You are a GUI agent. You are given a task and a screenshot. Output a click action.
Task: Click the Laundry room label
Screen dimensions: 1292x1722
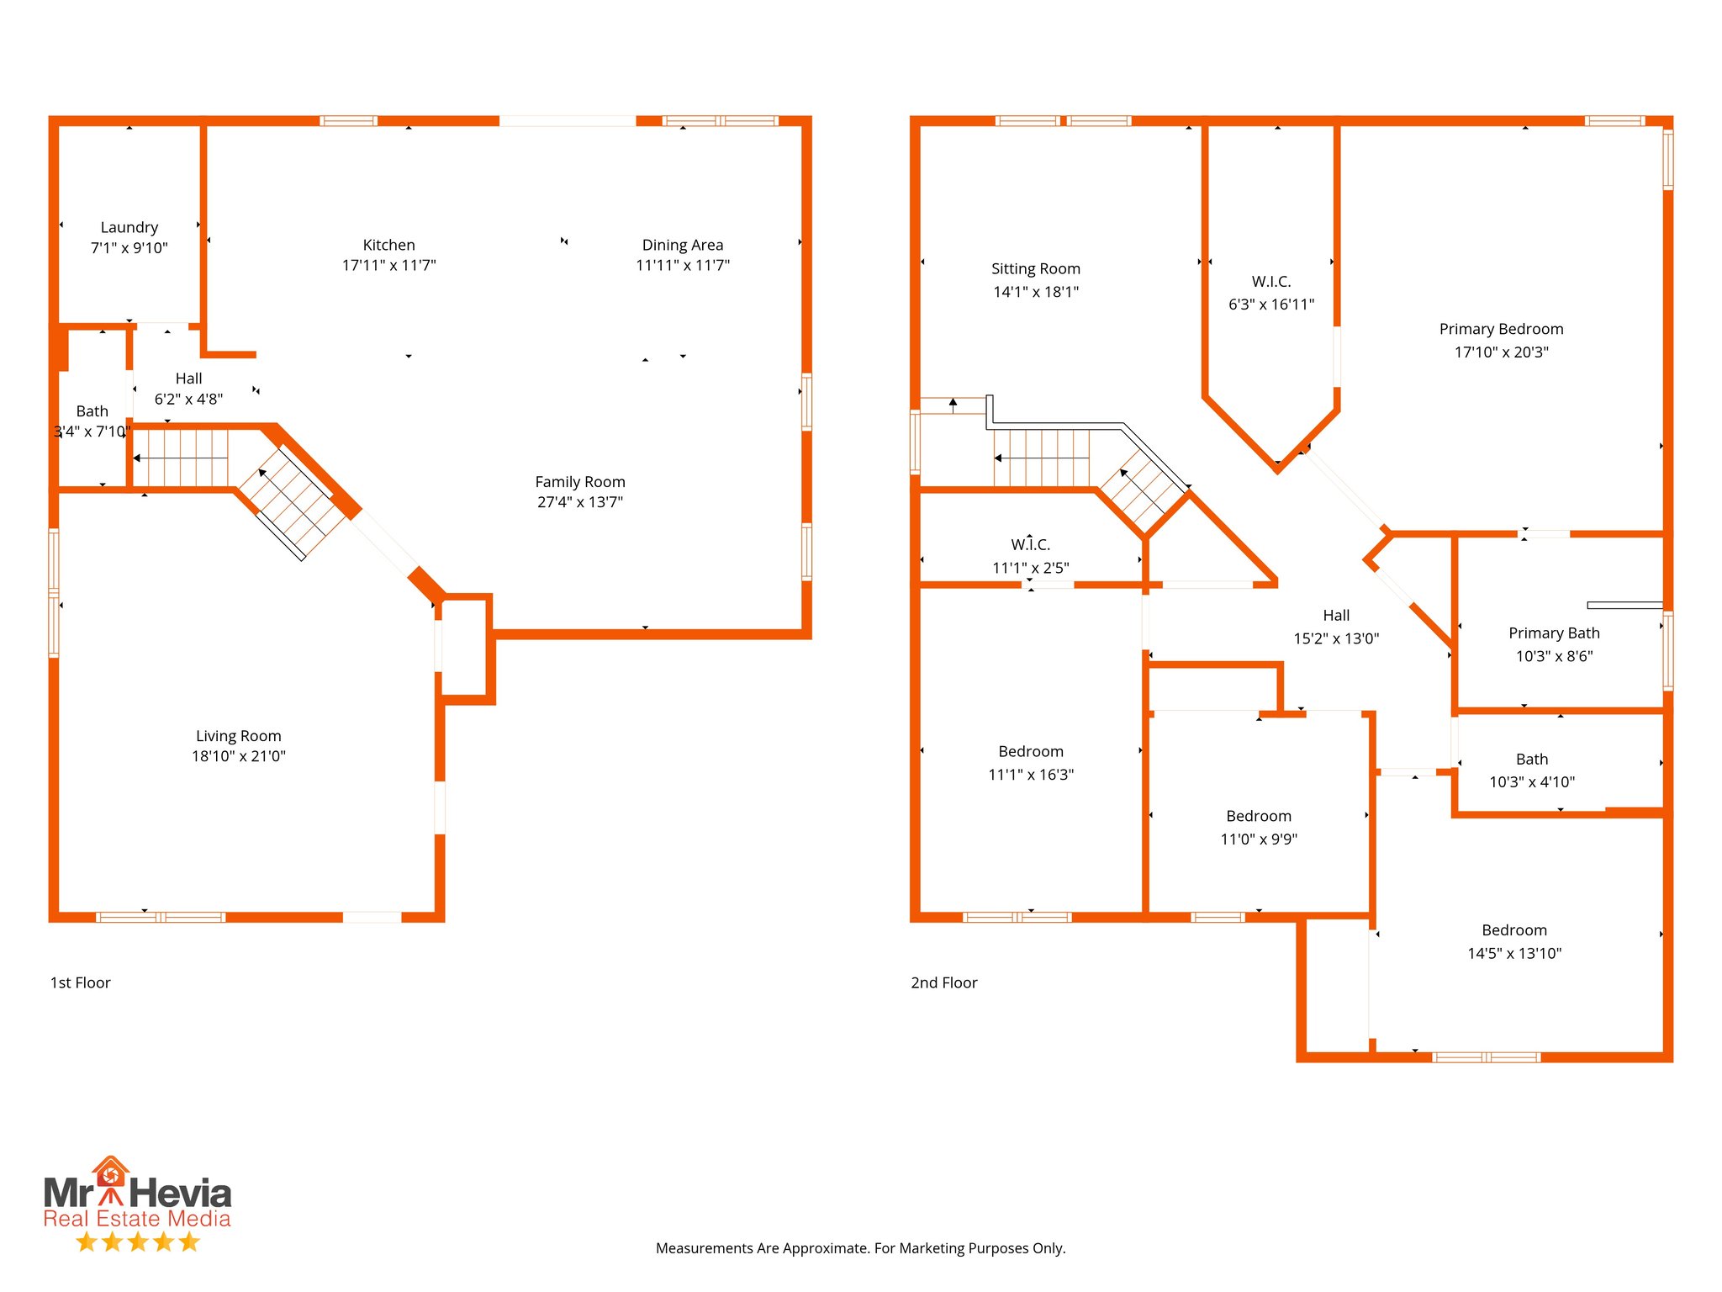tap(129, 227)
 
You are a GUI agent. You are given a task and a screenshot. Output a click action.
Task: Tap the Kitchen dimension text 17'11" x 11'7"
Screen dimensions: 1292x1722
tap(388, 266)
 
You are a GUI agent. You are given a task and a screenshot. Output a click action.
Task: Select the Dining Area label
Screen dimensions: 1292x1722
tap(682, 245)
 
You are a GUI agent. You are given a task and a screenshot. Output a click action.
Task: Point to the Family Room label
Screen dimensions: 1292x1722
tap(579, 482)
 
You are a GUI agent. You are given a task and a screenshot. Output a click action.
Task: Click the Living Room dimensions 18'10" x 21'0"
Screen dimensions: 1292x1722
tap(238, 756)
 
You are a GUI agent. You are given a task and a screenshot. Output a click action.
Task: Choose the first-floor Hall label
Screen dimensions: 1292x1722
tap(188, 379)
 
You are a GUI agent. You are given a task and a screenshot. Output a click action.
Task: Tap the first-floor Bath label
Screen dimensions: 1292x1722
tap(92, 411)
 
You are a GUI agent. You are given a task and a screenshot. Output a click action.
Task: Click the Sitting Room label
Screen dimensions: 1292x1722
tap(1035, 269)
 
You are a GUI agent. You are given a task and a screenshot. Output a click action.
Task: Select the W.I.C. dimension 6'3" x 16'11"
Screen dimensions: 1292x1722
tap(1270, 304)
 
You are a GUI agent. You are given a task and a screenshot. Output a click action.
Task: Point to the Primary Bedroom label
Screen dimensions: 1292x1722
tap(1501, 329)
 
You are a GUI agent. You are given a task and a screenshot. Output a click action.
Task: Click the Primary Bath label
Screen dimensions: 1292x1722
tap(1553, 633)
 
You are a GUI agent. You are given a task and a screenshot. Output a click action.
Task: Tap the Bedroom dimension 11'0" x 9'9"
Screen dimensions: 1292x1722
tap(1258, 839)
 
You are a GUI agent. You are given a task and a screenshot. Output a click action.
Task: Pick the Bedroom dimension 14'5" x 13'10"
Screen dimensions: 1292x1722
tap(1513, 953)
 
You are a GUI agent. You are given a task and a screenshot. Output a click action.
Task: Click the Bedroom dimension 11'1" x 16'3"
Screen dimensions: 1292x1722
tap(1030, 775)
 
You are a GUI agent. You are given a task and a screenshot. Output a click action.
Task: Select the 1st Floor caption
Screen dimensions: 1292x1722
tap(81, 982)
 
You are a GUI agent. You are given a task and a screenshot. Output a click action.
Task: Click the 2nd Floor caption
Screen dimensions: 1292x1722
tap(943, 982)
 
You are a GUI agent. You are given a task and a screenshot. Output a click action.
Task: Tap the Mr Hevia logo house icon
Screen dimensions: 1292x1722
tap(110, 1173)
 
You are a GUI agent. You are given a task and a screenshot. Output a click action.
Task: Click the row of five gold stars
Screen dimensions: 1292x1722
tap(137, 1242)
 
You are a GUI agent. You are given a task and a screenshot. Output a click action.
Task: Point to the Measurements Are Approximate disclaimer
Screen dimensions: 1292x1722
tap(860, 1248)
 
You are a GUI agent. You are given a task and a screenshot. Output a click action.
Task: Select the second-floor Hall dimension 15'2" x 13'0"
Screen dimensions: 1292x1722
tap(1335, 638)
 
